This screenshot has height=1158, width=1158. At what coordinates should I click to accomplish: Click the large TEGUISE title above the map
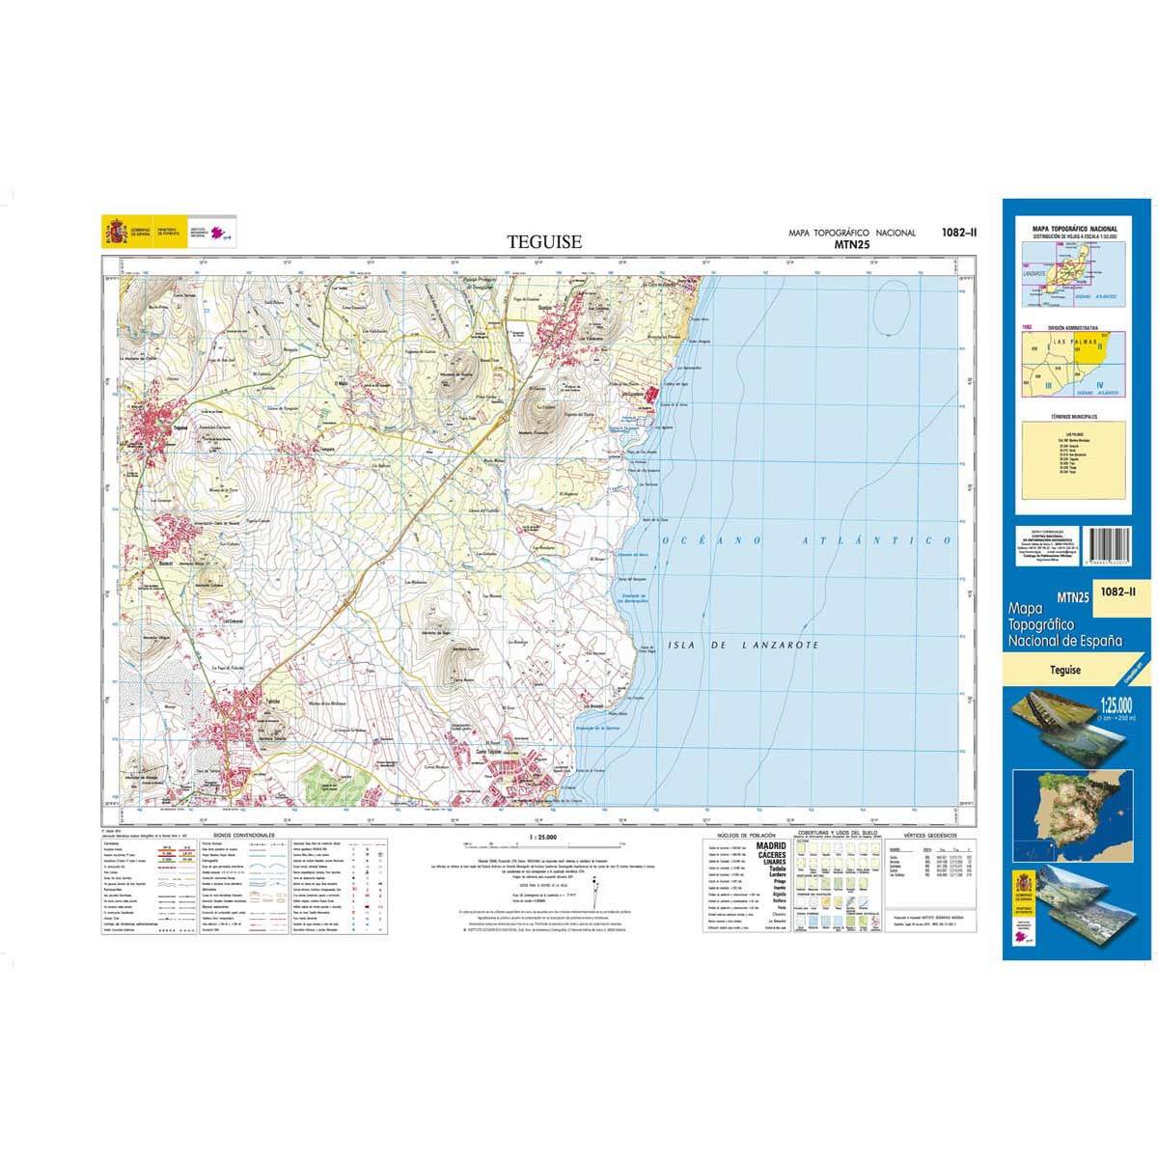(x=544, y=242)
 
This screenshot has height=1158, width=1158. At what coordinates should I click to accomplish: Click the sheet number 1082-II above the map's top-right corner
(x=958, y=232)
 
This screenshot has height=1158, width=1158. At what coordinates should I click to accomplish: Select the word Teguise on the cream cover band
(x=1067, y=670)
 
